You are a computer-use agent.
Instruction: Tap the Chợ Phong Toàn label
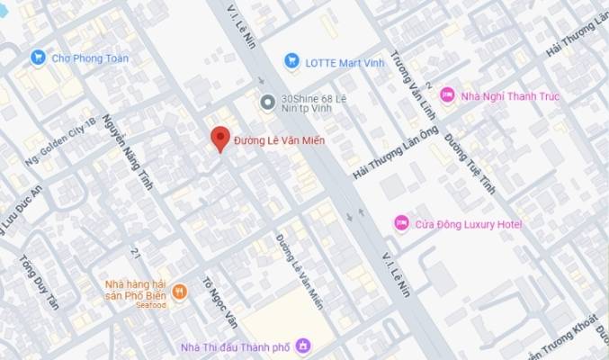tap(90, 58)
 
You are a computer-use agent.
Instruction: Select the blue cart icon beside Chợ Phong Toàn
tap(38, 58)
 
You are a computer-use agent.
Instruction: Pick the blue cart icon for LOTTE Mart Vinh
tap(291, 60)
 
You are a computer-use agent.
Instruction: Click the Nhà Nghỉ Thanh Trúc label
tap(505, 94)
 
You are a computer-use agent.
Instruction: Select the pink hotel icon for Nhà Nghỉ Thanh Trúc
tap(447, 94)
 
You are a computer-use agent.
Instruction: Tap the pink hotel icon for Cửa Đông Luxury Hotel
tap(401, 222)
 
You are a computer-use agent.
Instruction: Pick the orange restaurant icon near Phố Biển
tap(180, 291)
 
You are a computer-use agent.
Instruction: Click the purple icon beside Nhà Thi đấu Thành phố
tap(303, 345)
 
